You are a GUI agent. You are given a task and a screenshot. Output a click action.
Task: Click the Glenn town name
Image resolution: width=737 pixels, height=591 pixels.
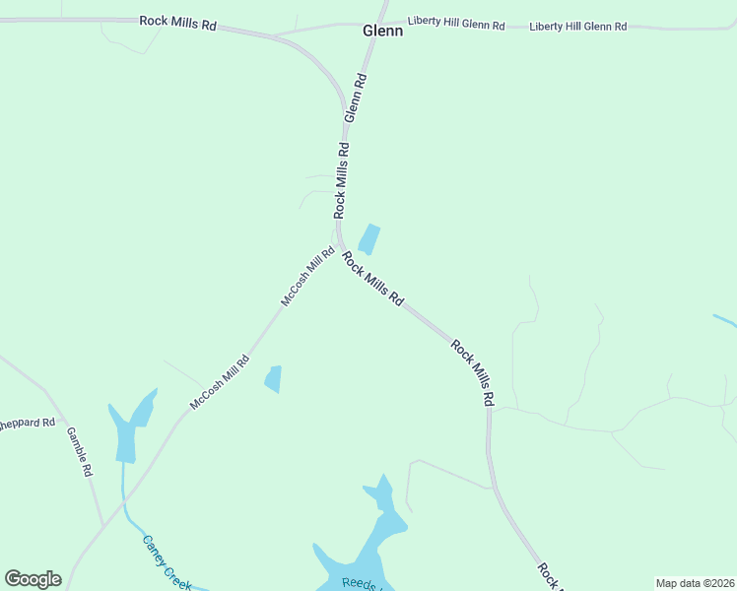[382, 32]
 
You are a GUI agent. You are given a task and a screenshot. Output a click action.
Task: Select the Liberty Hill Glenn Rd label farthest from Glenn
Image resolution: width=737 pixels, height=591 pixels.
[577, 27]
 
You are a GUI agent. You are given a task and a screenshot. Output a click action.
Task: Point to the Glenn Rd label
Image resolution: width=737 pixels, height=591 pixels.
[356, 98]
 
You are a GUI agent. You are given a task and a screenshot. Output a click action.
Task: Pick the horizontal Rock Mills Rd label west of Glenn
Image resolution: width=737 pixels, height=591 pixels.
[177, 22]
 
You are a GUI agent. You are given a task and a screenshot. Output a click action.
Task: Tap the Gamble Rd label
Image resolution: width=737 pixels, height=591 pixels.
[79, 451]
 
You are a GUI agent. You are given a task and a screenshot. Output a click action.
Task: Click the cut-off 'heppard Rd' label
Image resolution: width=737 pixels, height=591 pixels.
[28, 424]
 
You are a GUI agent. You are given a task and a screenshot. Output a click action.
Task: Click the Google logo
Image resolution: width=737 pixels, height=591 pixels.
[33, 579]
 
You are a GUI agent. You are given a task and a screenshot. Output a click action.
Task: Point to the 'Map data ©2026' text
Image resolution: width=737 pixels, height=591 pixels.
[695, 583]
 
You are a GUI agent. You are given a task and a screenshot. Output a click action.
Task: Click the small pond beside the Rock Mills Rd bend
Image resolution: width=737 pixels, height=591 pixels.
[369, 239]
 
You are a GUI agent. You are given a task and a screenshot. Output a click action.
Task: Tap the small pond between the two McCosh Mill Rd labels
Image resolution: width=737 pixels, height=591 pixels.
[273, 378]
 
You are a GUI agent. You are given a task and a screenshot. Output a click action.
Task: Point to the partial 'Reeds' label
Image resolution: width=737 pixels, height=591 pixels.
[359, 583]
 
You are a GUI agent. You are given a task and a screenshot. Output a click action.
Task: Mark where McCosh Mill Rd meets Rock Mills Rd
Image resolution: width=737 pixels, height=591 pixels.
[339, 245]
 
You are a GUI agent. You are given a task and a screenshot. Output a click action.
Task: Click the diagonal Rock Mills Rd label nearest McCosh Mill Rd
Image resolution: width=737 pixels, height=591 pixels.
[372, 278]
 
